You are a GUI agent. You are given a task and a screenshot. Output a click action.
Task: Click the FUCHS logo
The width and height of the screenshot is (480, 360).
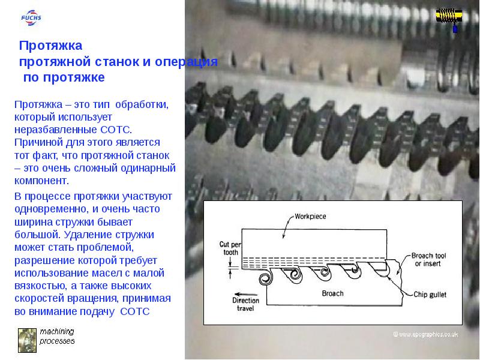click(x=31, y=18)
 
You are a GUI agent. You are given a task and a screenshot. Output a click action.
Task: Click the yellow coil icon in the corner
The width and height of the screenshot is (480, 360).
click(x=449, y=16)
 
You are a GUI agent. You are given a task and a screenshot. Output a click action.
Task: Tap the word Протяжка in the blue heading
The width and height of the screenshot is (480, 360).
click(x=50, y=46)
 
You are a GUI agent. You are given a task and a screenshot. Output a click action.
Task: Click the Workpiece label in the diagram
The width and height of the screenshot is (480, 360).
click(x=310, y=217)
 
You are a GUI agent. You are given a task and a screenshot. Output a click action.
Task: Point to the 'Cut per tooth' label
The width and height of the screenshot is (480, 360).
click(x=230, y=248)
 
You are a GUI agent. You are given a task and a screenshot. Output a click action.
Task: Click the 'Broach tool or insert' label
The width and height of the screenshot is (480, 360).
click(x=428, y=260)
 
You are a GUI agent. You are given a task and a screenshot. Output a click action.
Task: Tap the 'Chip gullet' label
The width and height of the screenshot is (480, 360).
click(x=430, y=295)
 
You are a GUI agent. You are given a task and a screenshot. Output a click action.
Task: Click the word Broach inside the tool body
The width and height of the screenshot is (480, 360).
click(x=332, y=293)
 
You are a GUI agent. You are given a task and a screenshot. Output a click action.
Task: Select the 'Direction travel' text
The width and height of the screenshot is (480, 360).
click(x=245, y=304)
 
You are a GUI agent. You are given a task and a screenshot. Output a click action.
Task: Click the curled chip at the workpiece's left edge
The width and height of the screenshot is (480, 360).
click(x=266, y=278)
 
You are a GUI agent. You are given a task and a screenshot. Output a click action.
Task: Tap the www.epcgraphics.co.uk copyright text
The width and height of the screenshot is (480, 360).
click(x=425, y=334)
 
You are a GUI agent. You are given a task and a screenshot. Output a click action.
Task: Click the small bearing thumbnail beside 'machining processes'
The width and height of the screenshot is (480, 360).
click(x=27, y=340)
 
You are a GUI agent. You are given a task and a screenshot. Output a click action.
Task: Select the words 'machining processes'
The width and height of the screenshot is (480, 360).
click(x=57, y=336)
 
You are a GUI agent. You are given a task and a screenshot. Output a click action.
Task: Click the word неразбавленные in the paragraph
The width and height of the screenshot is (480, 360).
click(x=56, y=130)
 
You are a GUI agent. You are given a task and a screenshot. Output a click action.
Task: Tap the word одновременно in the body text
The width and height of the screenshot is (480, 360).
click(x=51, y=209)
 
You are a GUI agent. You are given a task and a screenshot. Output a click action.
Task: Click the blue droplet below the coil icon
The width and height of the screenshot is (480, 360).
click(x=455, y=29)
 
